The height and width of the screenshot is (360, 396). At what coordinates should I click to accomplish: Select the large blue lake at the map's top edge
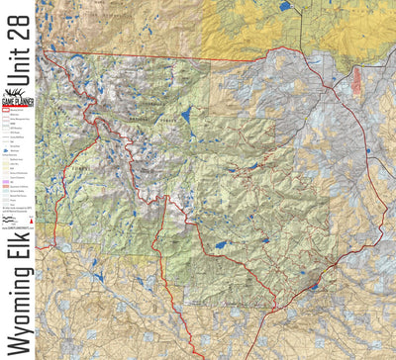(x=285, y=6)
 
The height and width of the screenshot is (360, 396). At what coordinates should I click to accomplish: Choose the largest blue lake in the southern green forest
(x=220, y=243)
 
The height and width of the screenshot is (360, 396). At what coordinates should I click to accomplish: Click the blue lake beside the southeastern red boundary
(x=315, y=287)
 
